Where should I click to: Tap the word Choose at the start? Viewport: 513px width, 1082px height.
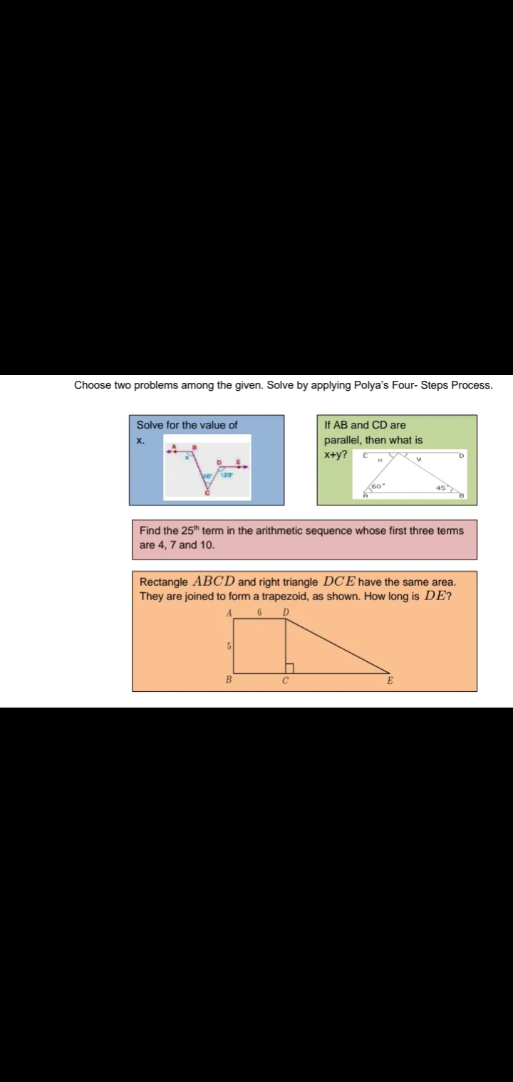[93, 385]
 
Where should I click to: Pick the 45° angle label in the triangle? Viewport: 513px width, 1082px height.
[442, 488]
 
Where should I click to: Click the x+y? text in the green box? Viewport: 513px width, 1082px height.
[336, 454]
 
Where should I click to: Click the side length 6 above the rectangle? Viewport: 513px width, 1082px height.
[260, 612]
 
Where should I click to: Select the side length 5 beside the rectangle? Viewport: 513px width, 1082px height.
[228, 646]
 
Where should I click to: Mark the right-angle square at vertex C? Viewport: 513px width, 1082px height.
[289, 668]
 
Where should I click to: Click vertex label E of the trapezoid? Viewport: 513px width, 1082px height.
[390, 681]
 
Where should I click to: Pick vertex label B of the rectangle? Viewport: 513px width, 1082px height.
[229, 680]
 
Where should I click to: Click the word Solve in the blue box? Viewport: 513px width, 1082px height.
[150, 425]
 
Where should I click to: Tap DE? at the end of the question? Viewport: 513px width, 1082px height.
[438, 596]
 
